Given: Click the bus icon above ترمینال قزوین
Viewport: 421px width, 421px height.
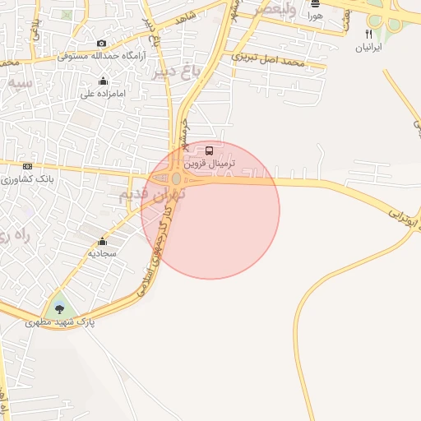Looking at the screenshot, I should [209, 151].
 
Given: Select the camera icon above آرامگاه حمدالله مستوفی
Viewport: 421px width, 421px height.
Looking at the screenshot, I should [101, 44].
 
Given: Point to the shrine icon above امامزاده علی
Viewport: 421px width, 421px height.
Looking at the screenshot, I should [102, 81].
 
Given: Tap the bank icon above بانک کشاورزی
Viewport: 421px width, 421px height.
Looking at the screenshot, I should [27, 166].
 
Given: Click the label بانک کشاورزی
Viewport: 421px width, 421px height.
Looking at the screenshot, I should [26, 178].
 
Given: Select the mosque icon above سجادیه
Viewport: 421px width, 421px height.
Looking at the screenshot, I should [102, 242].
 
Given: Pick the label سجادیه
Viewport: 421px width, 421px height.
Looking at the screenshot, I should [103, 254].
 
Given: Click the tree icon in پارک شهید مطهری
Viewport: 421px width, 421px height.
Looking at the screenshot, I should [58, 309].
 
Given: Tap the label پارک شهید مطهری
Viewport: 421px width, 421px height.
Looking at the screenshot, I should [60, 323].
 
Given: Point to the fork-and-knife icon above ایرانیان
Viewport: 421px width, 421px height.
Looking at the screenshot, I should [368, 35].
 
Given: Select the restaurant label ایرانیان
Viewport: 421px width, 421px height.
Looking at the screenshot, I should [368, 48].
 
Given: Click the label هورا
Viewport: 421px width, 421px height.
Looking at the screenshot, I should [315, 16].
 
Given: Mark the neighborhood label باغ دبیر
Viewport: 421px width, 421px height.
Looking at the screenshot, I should [177, 72].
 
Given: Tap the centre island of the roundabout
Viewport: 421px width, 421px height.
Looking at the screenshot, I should [177, 178].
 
